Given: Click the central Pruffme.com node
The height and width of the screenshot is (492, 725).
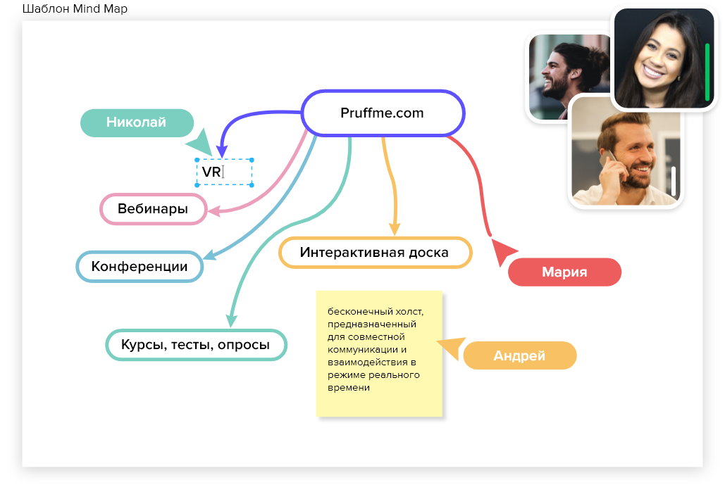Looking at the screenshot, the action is click(383, 113).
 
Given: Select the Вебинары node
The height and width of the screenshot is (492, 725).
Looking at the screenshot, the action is click(153, 209).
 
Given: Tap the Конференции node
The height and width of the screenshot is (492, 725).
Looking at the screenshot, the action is click(140, 267).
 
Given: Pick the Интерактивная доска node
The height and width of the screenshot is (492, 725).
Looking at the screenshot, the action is click(375, 253).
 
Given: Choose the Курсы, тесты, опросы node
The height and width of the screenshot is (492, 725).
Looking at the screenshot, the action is click(196, 345).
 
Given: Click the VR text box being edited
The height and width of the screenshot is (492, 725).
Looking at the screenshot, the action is click(224, 172).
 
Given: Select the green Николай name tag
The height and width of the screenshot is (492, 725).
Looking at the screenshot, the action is click(137, 123).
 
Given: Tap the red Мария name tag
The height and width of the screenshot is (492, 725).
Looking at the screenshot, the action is click(564, 272).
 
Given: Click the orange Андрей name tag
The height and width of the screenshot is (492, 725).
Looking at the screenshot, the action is click(520, 355).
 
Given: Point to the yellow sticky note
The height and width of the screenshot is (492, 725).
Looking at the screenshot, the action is click(379, 354).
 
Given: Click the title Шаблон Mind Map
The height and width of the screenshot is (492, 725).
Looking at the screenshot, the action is click(75, 8).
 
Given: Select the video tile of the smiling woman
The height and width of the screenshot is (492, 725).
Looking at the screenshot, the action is click(664, 58).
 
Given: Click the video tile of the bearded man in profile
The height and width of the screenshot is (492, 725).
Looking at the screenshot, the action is click(569, 77).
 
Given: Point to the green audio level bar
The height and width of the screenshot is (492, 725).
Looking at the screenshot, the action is click(707, 72).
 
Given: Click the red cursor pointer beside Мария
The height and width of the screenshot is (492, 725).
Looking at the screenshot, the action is click(502, 251).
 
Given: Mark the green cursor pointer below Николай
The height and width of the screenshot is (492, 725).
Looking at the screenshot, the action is click(200, 142).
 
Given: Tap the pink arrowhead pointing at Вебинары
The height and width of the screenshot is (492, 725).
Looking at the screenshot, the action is click(214, 212).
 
